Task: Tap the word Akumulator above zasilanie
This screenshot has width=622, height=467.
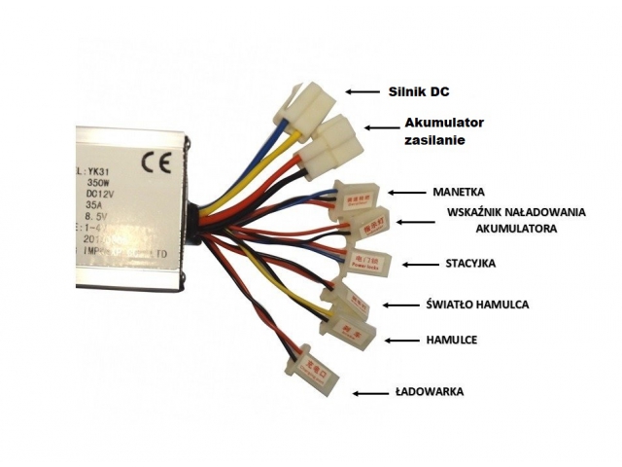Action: point(443,123)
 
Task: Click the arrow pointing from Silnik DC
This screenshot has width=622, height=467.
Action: point(363,91)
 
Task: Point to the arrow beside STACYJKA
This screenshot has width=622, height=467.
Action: point(419,265)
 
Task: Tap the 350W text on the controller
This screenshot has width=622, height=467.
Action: point(99,182)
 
